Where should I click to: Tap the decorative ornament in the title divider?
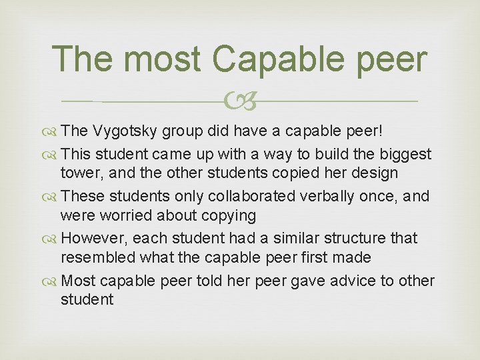point(239,101)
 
